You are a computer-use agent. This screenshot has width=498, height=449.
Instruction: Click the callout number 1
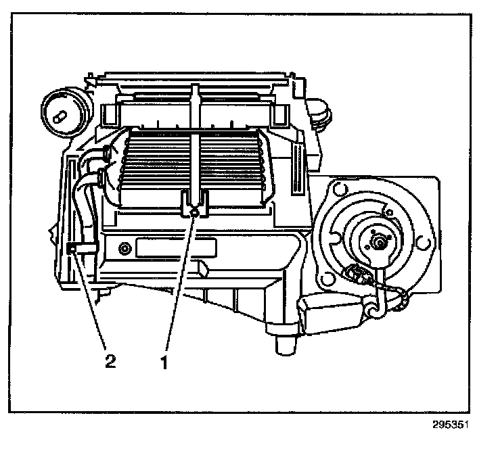pos(163,360)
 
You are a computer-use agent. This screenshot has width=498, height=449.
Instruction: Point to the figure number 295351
pos(450,427)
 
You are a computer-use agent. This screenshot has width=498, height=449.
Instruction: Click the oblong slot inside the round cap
pos(60,116)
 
